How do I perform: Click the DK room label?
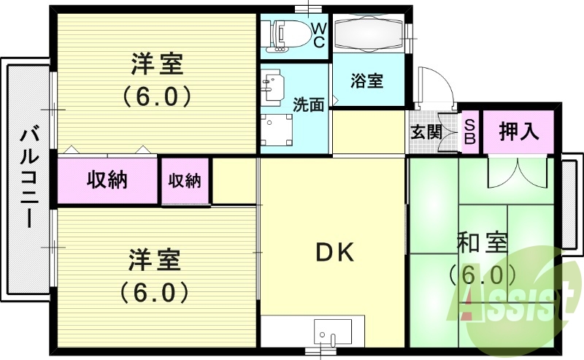(x=334, y=253)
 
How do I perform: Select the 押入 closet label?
(x=519, y=132)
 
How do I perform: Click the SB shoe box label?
(x=470, y=131)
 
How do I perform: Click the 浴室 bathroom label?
(x=366, y=80)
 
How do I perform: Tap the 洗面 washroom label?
(x=308, y=104)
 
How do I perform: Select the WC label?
(x=319, y=34)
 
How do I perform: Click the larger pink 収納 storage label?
(x=108, y=180)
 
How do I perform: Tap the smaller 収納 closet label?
(x=185, y=180)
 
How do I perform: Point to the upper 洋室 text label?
(x=156, y=65)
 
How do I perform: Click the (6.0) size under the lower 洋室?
(x=155, y=292)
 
